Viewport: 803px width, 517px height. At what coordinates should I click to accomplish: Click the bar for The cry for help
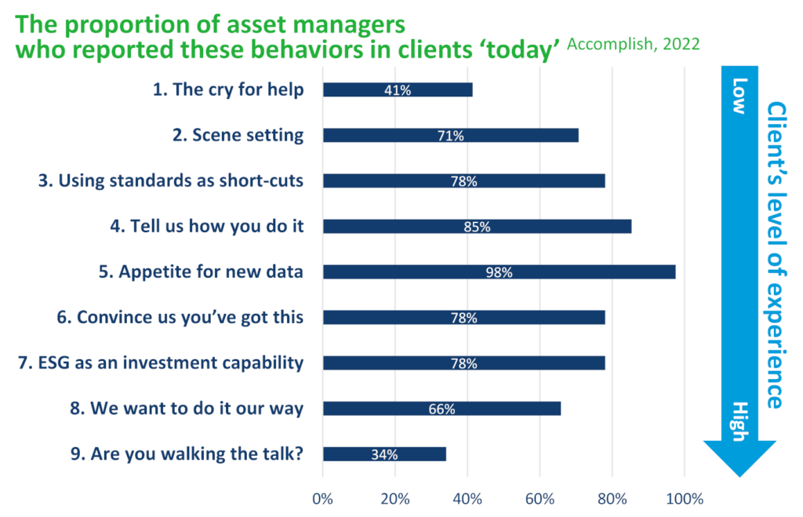(x=398, y=89)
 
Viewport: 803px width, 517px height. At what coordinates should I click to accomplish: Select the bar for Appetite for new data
(x=499, y=272)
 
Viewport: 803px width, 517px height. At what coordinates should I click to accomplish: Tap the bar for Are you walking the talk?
(x=384, y=454)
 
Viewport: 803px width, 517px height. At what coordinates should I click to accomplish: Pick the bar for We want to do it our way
(x=441, y=409)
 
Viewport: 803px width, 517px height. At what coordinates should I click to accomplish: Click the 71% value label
(x=450, y=136)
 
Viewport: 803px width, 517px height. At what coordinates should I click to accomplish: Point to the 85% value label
(x=477, y=227)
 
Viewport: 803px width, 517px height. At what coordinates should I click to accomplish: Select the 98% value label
(x=499, y=272)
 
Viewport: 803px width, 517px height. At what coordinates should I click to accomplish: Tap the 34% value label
(x=384, y=454)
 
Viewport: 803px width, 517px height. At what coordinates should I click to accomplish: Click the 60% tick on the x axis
(x=540, y=498)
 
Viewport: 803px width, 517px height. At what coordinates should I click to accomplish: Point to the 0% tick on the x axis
(x=322, y=498)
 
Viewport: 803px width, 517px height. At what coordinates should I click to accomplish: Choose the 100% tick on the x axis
(x=685, y=498)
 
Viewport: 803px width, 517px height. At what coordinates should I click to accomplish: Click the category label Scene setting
(x=238, y=135)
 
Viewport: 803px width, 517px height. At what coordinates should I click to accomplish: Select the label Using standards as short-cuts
(x=170, y=180)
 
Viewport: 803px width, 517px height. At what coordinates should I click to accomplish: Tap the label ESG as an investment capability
(x=160, y=362)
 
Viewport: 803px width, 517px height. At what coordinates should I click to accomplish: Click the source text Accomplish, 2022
(x=633, y=44)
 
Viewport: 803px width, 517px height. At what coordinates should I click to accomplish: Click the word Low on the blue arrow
(x=738, y=96)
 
